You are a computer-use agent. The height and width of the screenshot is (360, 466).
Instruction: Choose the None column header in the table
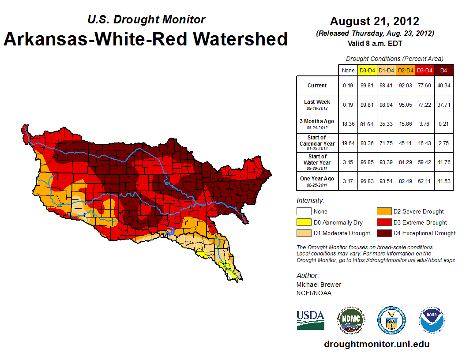348,70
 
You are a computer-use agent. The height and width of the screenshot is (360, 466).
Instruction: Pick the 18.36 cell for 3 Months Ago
348,124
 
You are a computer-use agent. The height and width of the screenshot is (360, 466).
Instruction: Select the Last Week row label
317,102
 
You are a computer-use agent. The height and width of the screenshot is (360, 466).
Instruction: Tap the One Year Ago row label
317,179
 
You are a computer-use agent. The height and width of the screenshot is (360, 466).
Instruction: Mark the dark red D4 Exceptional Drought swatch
383,233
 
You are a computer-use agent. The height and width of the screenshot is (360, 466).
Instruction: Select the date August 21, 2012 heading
374,21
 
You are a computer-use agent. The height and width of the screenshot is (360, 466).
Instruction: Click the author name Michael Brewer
319,285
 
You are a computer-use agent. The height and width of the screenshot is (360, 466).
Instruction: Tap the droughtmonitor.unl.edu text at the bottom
376,344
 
